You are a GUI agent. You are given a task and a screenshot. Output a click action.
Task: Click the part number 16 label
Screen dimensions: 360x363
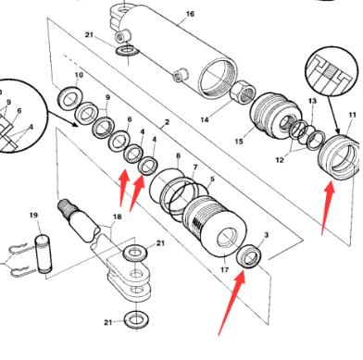click(x=190, y=14)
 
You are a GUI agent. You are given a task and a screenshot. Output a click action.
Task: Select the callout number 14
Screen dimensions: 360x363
click(x=204, y=119)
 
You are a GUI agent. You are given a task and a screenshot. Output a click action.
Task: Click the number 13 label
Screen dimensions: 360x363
click(x=312, y=100)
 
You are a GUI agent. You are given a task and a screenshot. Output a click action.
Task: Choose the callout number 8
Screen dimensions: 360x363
click(x=178, y=158)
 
